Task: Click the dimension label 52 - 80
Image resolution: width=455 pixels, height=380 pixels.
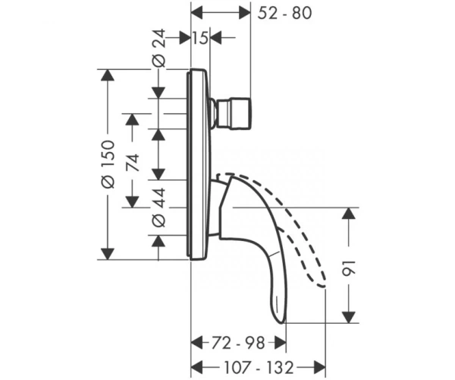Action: pos(284,13)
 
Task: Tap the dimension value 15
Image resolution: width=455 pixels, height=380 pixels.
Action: pos(200,38)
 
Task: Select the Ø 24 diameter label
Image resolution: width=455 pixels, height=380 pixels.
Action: pos(158,48)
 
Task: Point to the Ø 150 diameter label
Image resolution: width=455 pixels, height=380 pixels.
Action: pos(108,164)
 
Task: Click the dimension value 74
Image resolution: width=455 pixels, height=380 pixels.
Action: pos(133,163)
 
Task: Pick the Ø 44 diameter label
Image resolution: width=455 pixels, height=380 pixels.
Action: pos(158,207)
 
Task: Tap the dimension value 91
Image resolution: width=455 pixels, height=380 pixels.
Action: pos(349,268)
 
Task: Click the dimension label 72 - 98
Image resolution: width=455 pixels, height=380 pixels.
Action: pos(238,343)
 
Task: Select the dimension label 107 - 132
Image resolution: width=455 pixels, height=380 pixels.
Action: pos(259,367)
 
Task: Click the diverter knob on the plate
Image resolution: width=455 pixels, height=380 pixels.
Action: pos(231,113)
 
